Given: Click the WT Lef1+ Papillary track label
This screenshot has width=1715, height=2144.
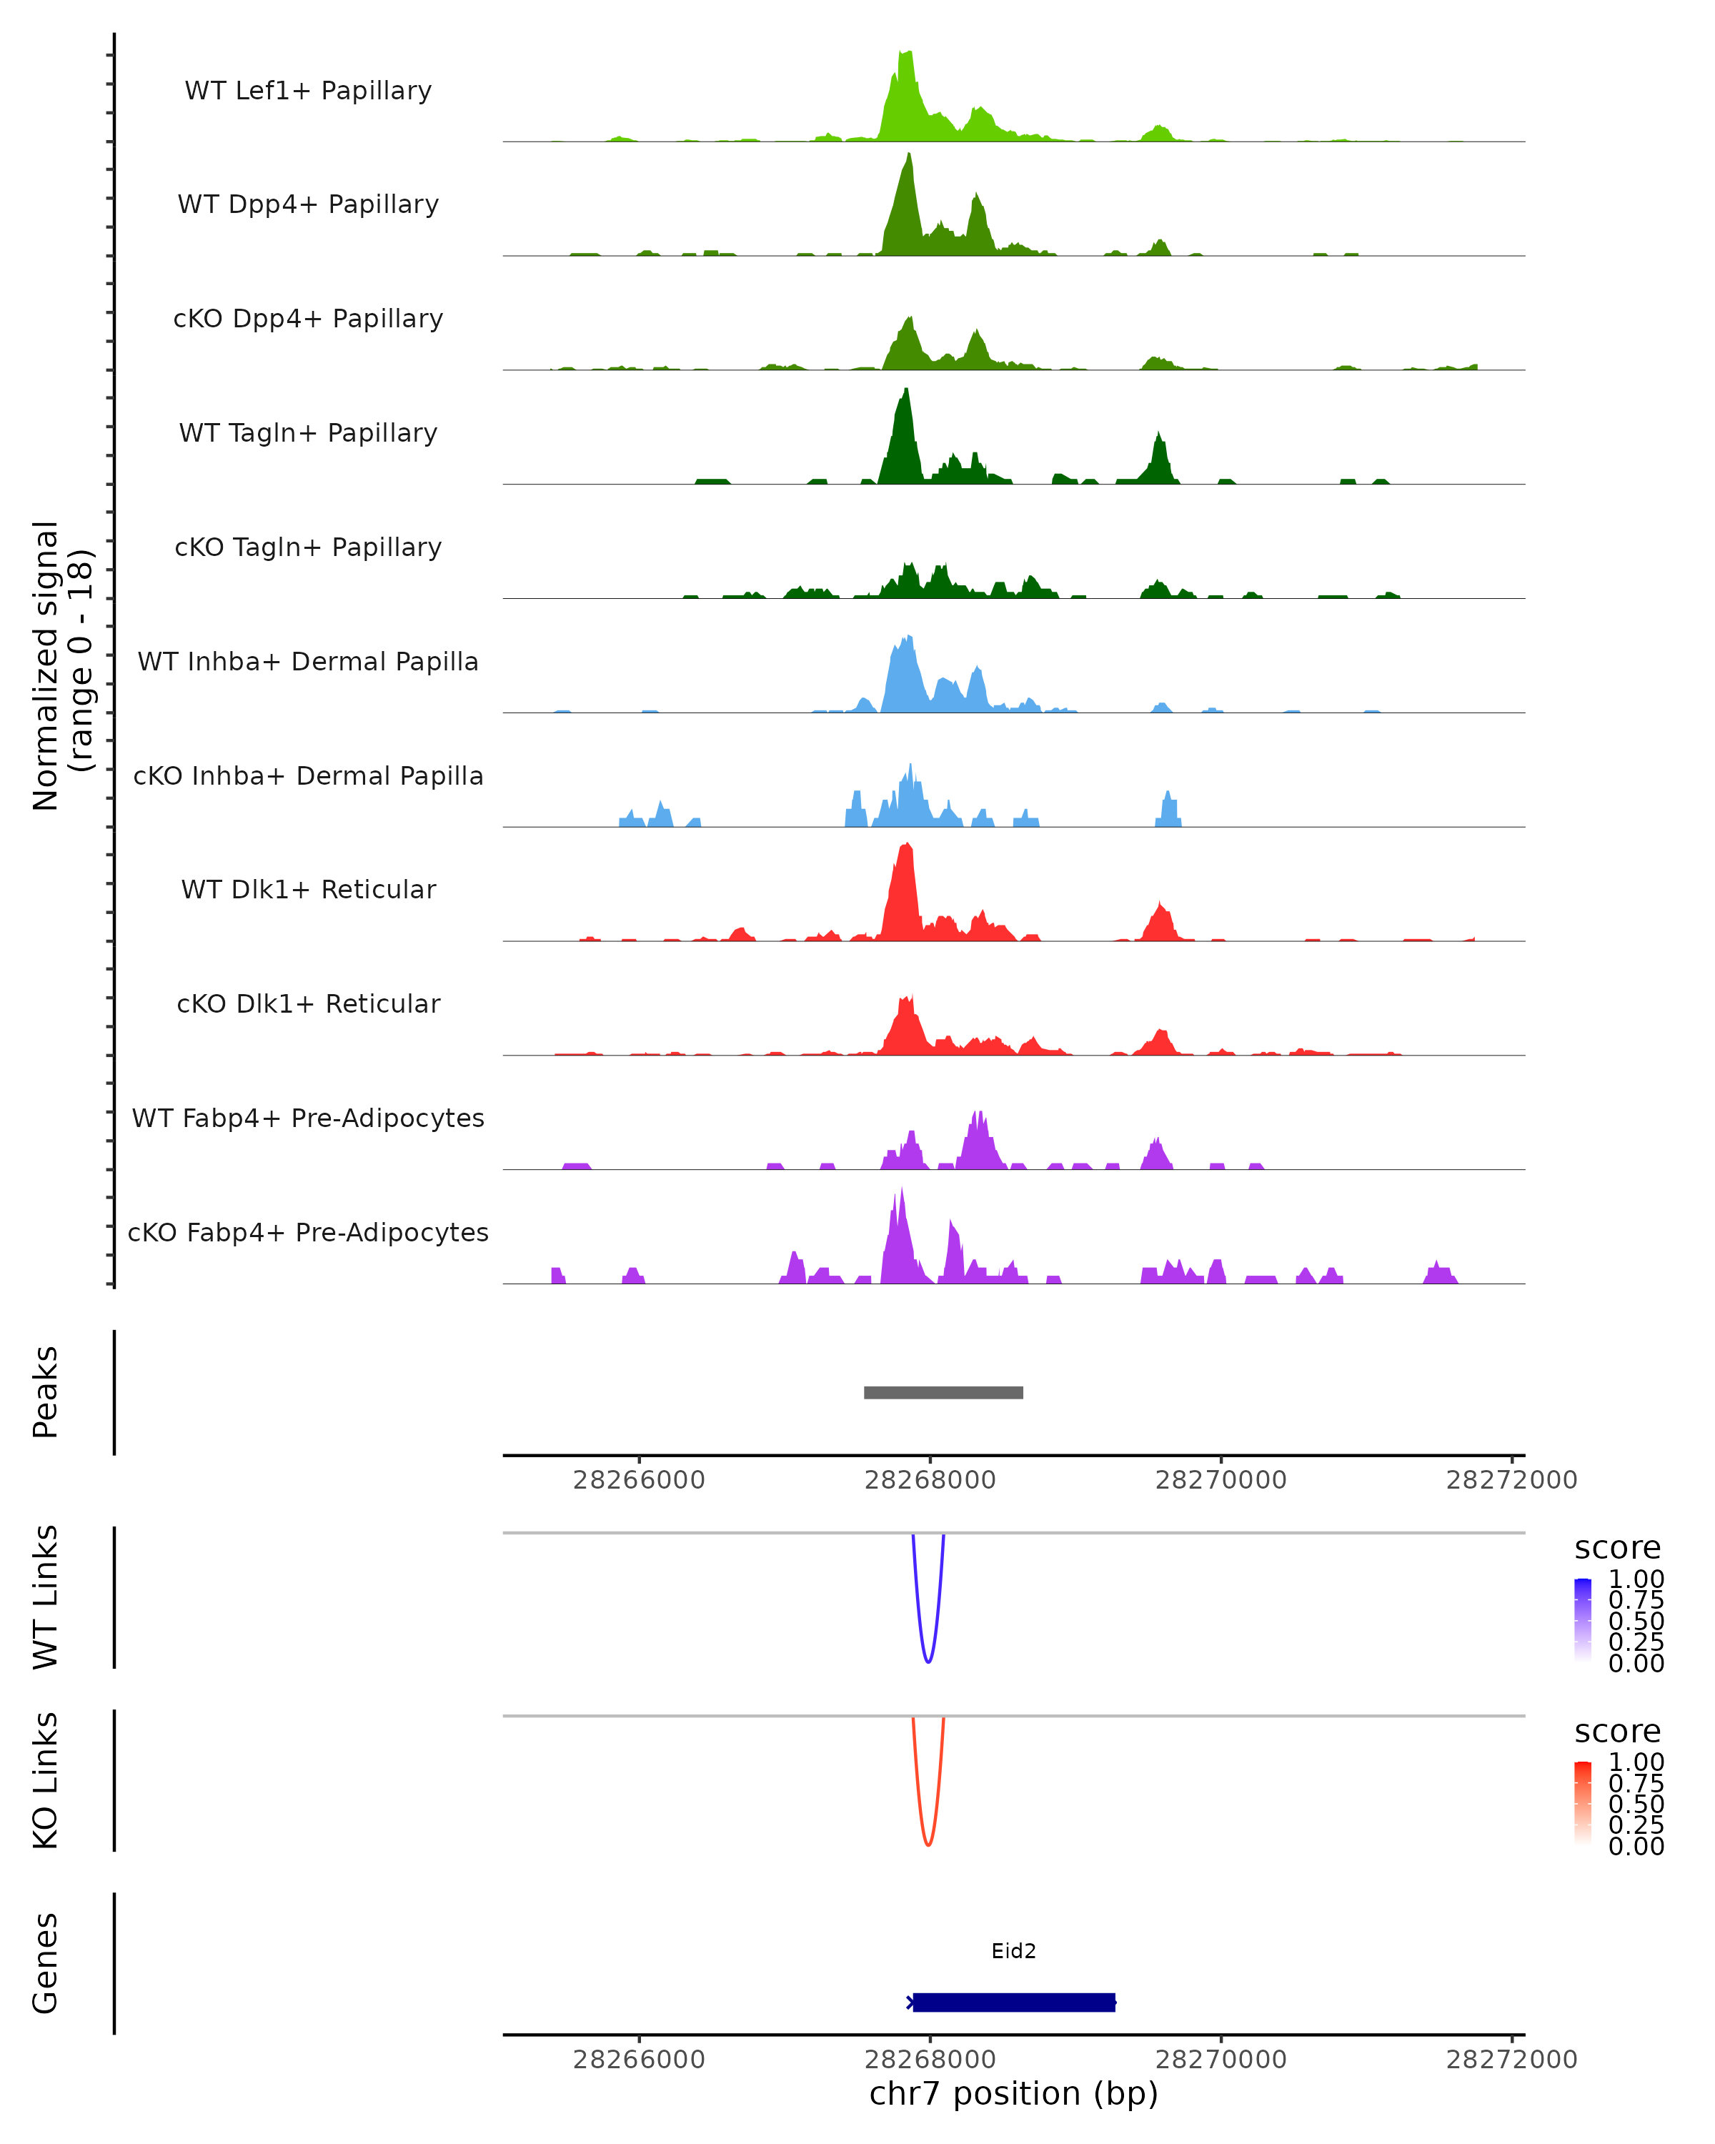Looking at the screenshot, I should pos(308,91).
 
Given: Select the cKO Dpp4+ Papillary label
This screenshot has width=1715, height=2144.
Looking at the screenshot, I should pos(308,318).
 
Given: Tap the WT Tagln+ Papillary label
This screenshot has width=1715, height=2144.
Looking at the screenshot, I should pos(308,432).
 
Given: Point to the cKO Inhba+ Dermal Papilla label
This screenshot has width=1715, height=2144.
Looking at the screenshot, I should pos(308,775).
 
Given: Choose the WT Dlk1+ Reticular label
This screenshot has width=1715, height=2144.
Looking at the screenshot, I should pos(308,889).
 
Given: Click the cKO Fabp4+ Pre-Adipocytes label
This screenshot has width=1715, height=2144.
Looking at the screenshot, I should pos(308,1232).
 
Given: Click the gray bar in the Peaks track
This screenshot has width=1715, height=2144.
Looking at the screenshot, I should pos(943,1392).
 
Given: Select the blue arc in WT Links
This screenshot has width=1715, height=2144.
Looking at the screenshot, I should pos(928,1661).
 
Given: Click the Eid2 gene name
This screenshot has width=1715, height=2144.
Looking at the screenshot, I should pos(1013,1951).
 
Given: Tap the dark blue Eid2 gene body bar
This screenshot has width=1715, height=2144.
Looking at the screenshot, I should pos(1013,2002).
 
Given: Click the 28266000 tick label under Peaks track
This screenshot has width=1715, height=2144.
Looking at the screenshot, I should pos(640,1480).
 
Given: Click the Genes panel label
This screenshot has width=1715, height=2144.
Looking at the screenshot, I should pos(46,1963).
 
